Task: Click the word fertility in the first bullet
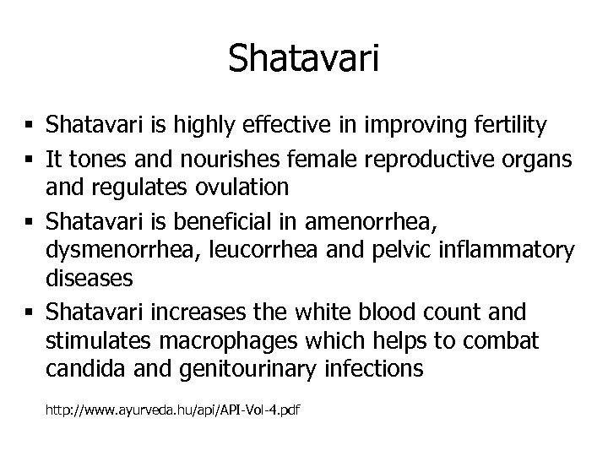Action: [x=509, y=126]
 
